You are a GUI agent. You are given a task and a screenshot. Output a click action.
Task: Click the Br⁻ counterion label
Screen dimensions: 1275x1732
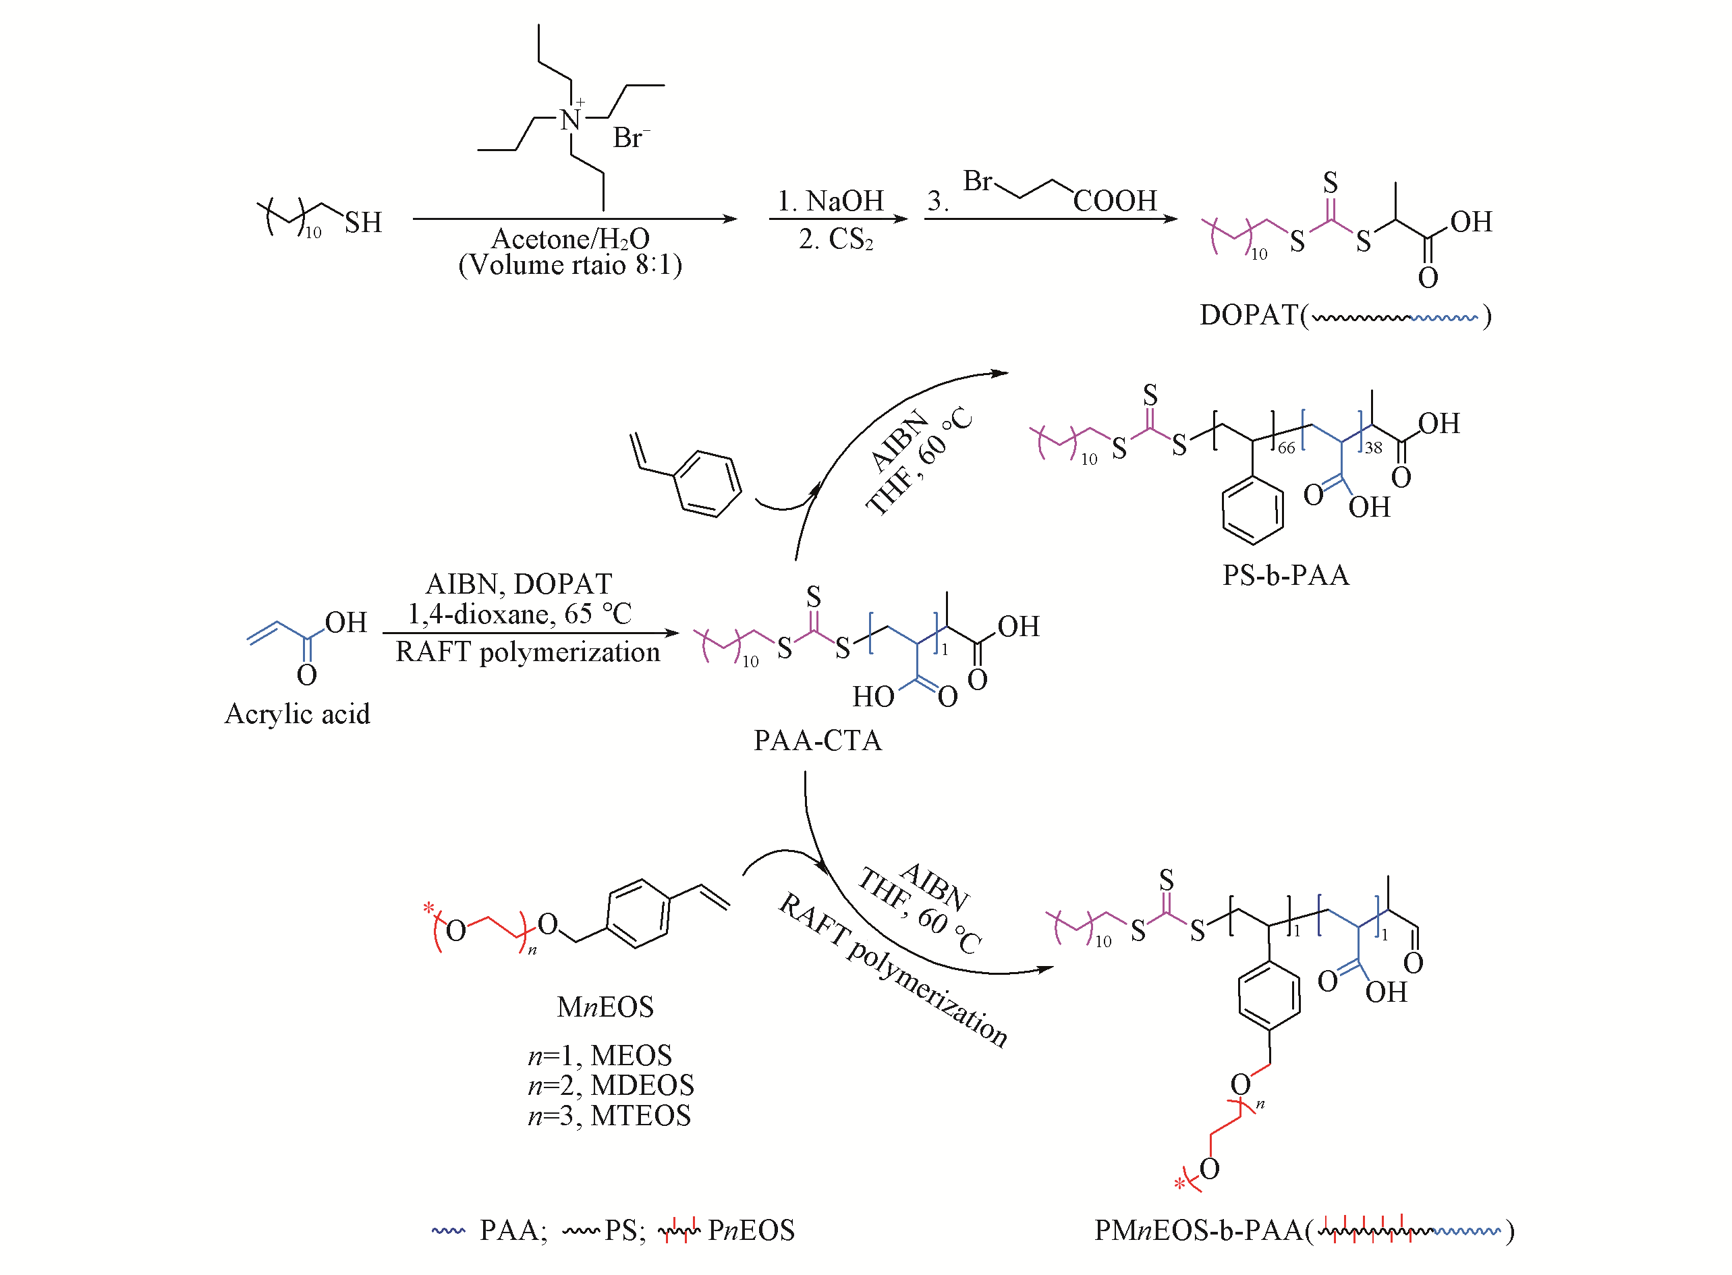click(x=630, y=138)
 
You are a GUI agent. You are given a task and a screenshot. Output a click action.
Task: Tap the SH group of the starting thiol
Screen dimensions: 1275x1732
click(x=363, y=222)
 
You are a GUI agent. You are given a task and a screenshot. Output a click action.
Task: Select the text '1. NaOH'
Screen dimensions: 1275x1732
click(x=830, y=200)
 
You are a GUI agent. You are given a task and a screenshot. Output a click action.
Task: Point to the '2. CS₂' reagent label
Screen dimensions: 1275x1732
click(x=835, y=239)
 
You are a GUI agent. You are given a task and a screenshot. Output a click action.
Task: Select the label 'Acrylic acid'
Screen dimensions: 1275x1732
click(x=297, y=713)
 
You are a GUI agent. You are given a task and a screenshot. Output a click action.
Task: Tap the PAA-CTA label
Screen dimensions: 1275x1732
click(x=816, y=740)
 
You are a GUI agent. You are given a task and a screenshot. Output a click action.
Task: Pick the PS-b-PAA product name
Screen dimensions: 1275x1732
click(x=1285, y=575)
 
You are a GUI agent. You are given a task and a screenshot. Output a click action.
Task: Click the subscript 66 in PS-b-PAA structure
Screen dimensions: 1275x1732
click(x=1286, y=448)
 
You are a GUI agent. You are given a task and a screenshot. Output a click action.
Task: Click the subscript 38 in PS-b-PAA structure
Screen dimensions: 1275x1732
click(x=1373, y=448)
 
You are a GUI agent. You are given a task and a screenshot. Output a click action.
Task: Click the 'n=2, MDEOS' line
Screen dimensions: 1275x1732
click(x=611, y=1085)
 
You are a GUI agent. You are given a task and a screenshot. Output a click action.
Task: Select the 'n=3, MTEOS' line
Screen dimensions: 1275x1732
click(x=609, y=1115)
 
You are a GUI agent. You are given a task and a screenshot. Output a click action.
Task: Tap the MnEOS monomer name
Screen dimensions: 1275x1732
click(x=605, y=1007)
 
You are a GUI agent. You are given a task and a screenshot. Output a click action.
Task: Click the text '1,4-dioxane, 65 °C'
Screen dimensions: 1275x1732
click(x=520, y=614)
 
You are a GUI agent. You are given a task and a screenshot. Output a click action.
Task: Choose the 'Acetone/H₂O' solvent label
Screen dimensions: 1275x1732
click(x=570, y=239)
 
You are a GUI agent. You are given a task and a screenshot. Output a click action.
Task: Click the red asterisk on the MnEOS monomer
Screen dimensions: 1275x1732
click(x=428, y=909)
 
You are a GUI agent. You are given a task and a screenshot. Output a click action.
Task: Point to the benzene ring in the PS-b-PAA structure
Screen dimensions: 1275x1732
click(x=1253, y=510)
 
